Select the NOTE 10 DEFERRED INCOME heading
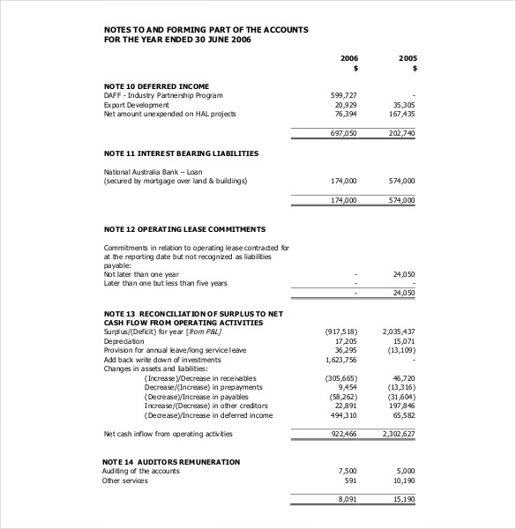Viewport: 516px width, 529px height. tap(156, 86)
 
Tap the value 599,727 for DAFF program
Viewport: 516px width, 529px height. tap(343, 95)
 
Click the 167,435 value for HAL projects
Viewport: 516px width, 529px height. tap(401, 114)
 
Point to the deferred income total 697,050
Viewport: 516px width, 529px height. tap(343, 133)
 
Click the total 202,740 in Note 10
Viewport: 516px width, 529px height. tap(401, 133)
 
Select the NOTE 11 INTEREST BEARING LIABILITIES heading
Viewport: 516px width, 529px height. tap(181, 153)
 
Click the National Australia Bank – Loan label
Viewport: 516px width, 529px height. tap(153, 171)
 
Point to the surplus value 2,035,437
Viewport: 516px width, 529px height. tap(398, 332)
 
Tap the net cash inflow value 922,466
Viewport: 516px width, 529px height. tap(343, 434)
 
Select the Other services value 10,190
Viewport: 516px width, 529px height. tap(403, 481)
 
